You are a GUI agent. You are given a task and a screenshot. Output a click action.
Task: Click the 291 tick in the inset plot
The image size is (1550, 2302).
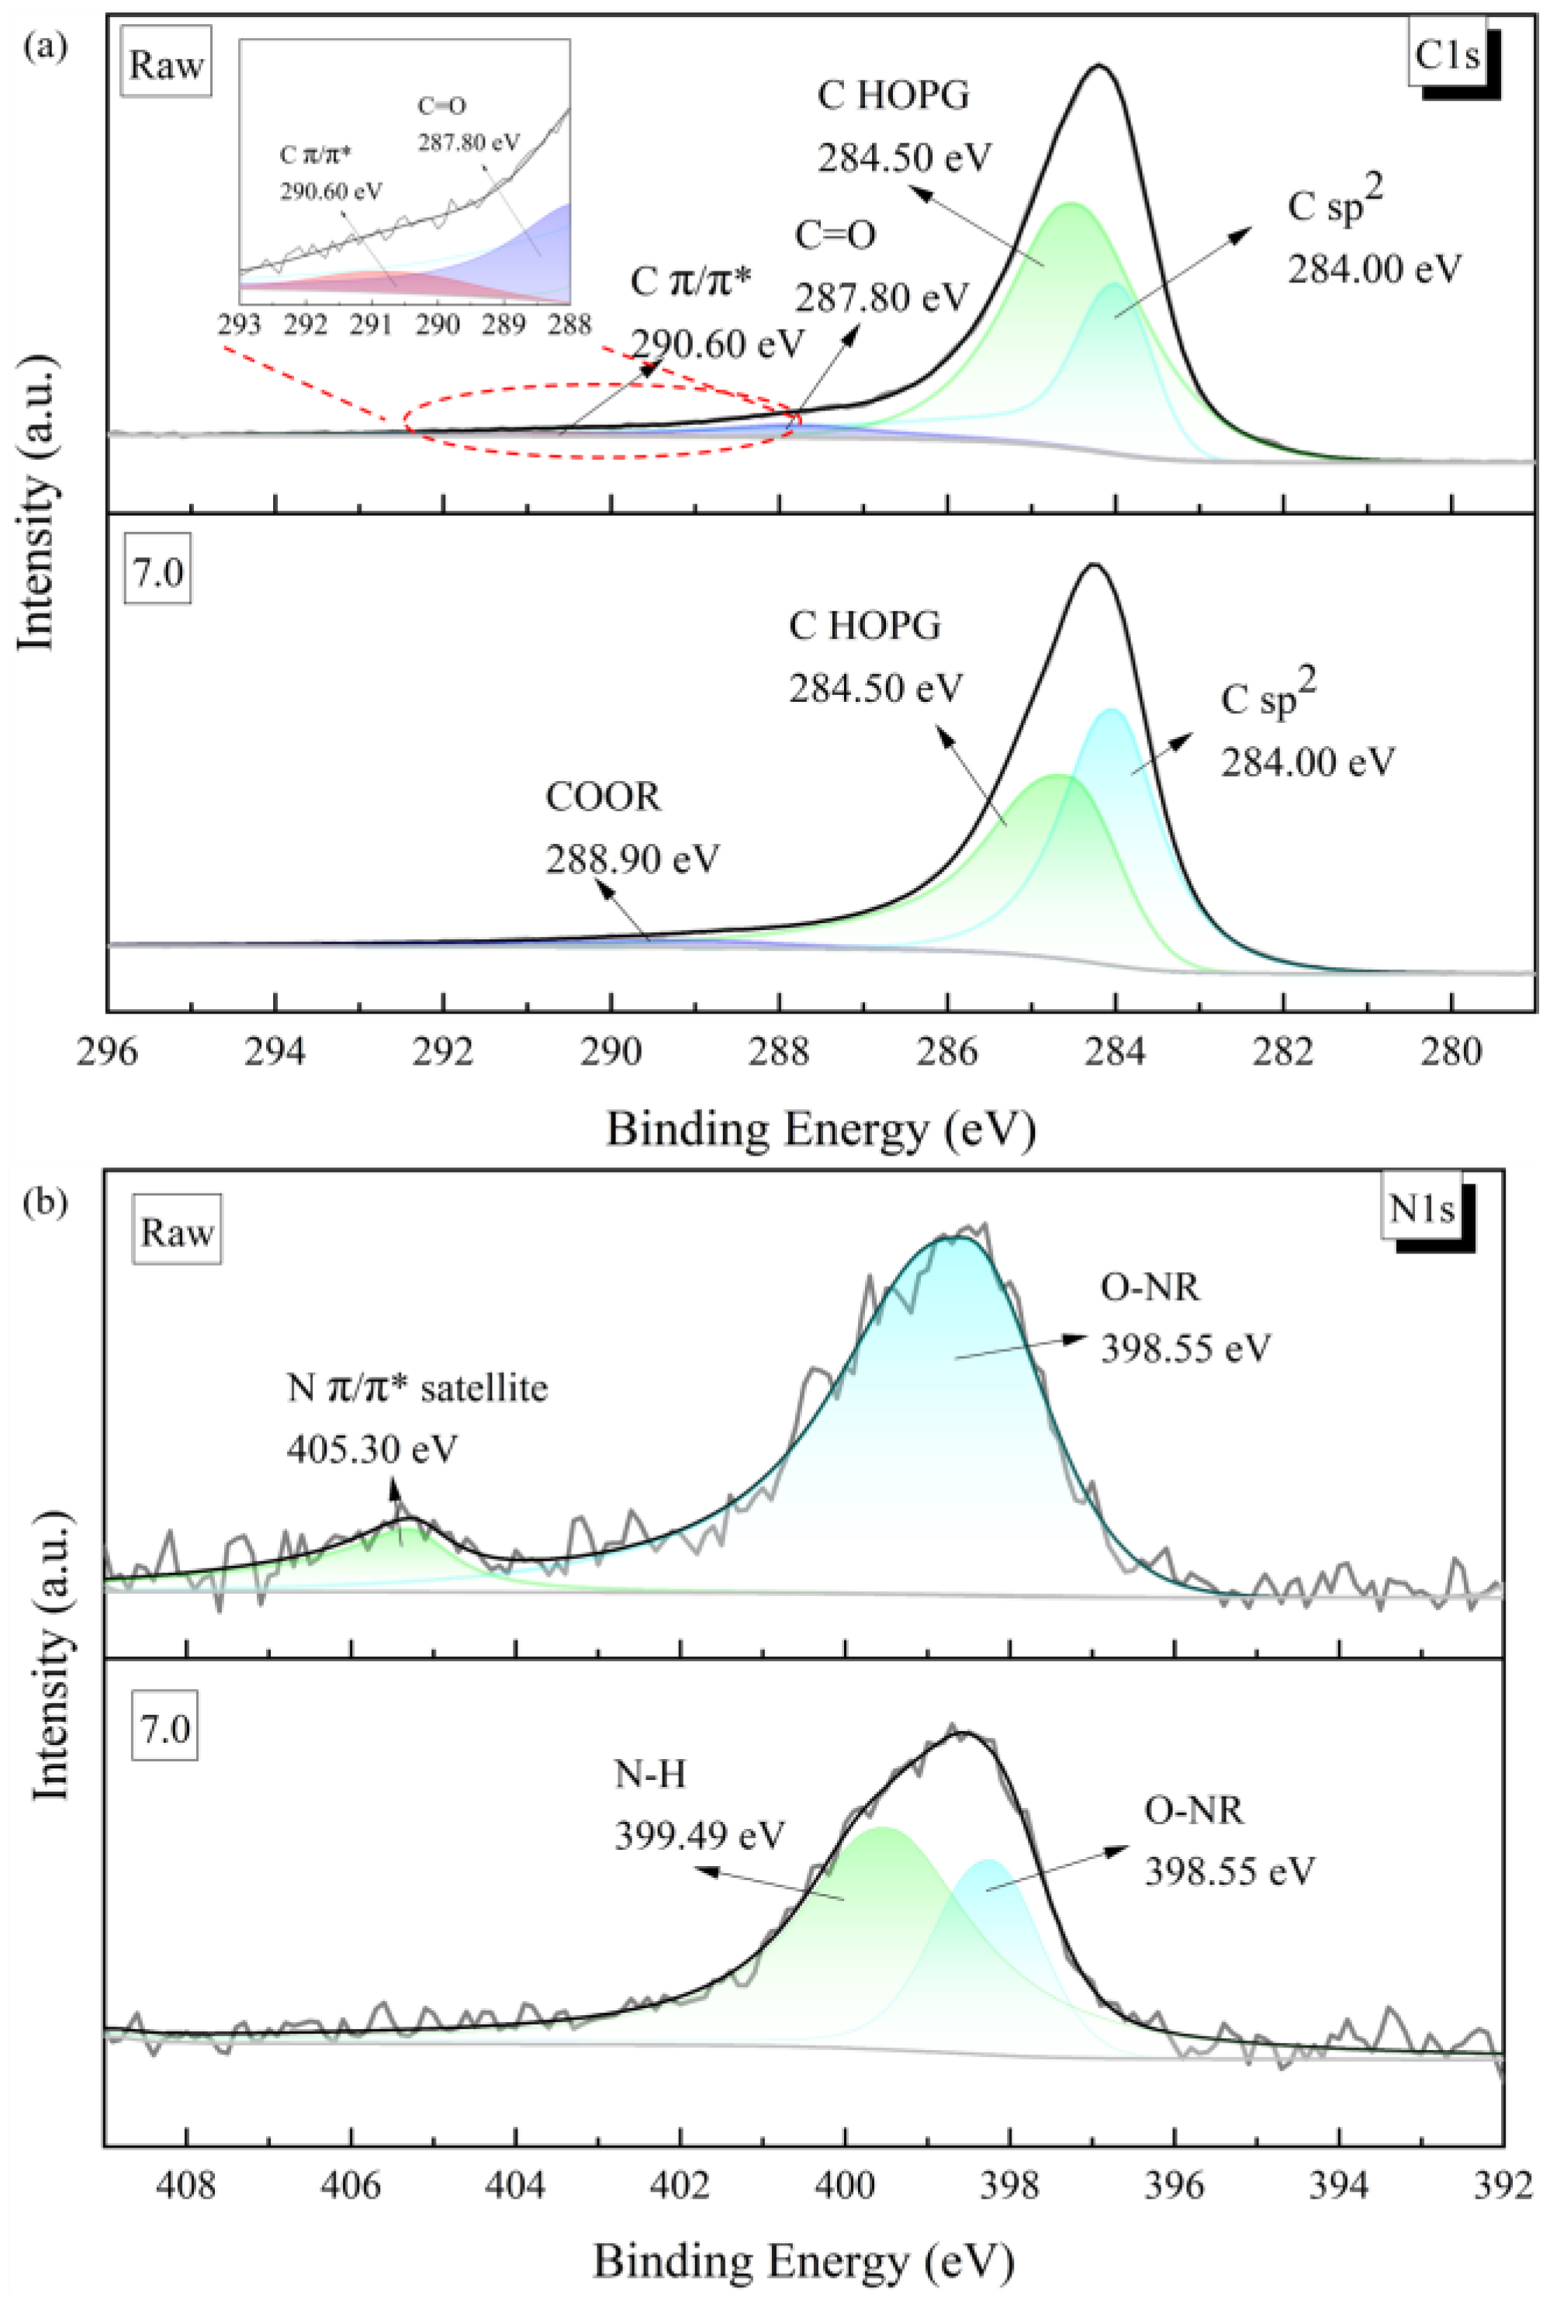coord(371,323)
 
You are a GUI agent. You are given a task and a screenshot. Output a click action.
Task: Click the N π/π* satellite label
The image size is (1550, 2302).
coord(417,1388)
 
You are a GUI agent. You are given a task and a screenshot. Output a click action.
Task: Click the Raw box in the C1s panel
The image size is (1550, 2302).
coord(166,66)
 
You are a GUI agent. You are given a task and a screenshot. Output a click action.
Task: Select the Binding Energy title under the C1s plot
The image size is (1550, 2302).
coord(821,1129)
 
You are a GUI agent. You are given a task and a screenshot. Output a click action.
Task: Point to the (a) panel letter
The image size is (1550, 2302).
coord(46,47)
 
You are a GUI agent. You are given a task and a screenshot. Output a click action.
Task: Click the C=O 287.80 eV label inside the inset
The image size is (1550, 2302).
coord(468,125)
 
